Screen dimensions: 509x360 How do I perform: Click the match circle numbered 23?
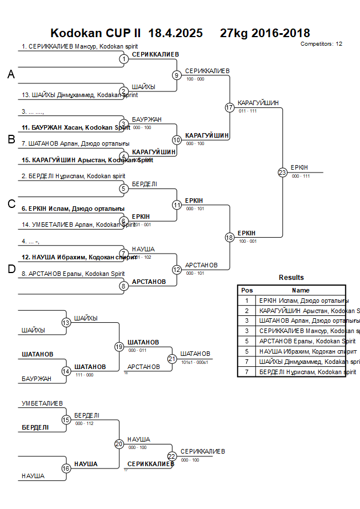point(282,173)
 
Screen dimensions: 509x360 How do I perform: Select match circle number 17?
point(230,107)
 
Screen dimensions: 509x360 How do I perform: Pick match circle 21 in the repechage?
point(172,359)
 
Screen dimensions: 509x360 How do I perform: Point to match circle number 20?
point(119,443)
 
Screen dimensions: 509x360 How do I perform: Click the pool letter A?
point(11,74)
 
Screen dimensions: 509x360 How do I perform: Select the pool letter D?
point(11,270)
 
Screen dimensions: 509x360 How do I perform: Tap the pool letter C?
point(11,205)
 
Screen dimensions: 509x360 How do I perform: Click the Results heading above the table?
point(291,278)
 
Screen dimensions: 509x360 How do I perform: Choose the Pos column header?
point(247,290)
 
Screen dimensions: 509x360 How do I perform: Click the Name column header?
point(301,290)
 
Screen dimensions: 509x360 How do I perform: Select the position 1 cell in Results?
point(247,300)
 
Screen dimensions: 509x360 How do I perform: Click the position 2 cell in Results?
point(247,311)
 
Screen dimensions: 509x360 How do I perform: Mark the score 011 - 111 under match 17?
point(247,111)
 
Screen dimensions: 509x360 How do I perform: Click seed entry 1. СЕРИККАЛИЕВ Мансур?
point(80,46)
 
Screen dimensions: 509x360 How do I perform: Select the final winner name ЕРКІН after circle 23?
point(299,167)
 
